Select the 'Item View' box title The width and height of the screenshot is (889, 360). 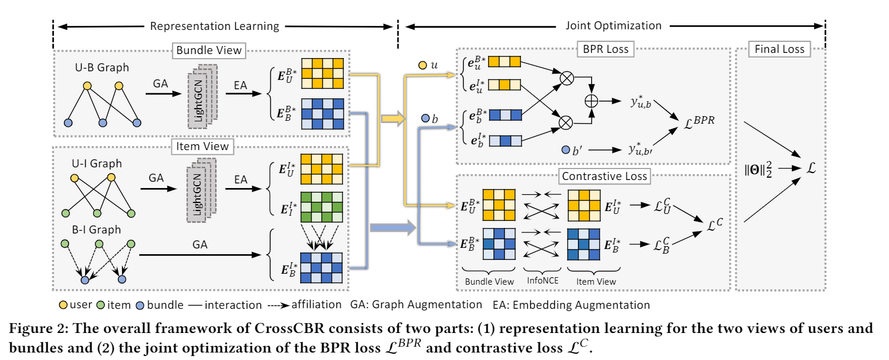[x=201, y=146]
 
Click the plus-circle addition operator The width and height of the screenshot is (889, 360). [x=592, y=100]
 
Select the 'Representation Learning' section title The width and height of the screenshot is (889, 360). [x=214, y=26]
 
